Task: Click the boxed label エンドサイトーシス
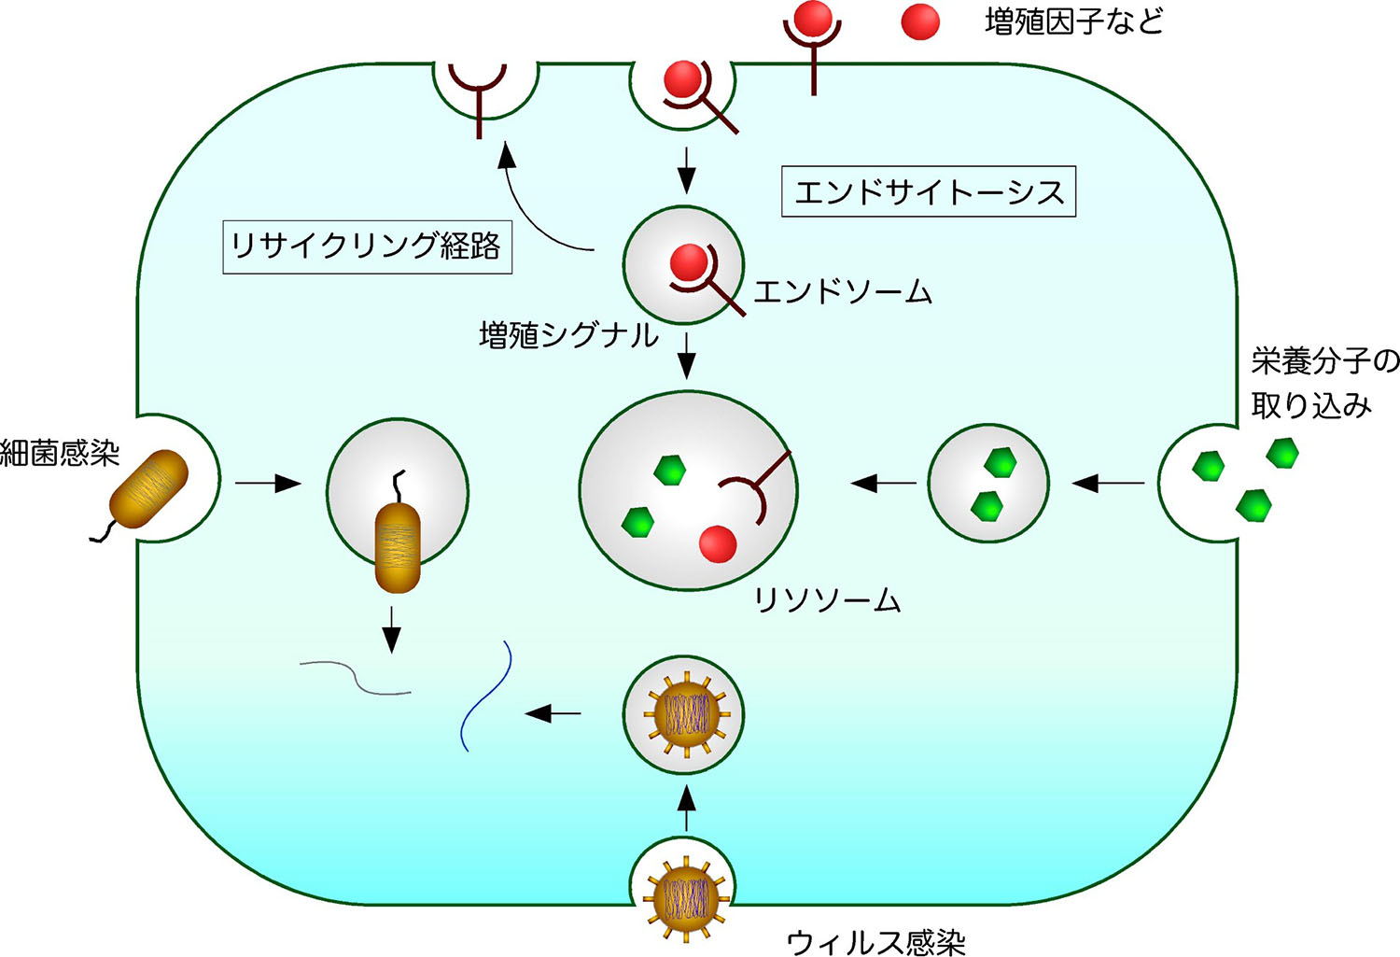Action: [929, 192]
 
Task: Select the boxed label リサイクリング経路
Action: [367, 246]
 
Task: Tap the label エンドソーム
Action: [842, 292]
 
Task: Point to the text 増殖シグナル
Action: [568, 335]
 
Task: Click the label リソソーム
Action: [827, 599]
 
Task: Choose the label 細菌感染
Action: [60, 454]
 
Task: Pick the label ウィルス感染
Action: [875, 941]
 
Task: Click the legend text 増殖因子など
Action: [1074, 21]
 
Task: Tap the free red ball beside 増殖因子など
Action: [920, 22]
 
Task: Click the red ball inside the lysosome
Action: [718, 543]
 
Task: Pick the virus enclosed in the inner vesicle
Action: [684, 714]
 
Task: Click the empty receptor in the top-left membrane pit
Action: [478, 93]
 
